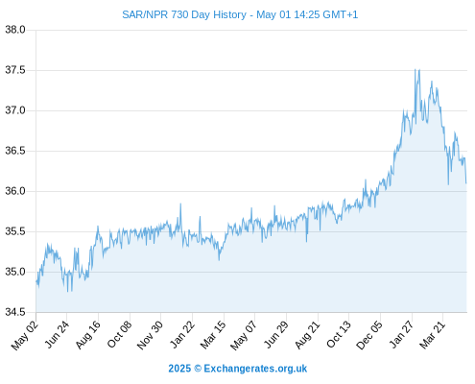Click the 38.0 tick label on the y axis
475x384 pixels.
15,30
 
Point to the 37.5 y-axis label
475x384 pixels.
15,70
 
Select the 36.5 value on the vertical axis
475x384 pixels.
15,151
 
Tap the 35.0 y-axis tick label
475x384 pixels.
15,272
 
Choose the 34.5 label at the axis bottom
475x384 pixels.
15,312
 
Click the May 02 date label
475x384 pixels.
25,335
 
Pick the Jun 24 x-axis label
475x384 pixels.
57,334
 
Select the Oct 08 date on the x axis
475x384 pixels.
119,334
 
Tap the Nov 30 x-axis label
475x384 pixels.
150,335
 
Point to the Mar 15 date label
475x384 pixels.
213,335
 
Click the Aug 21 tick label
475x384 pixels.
307,335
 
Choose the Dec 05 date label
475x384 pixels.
369,335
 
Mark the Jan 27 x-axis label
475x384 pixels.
401,334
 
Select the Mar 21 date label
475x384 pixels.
433,335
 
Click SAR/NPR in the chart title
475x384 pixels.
145,14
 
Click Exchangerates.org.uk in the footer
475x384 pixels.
255,369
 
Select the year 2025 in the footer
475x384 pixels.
179,369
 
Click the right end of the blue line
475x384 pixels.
466,183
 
